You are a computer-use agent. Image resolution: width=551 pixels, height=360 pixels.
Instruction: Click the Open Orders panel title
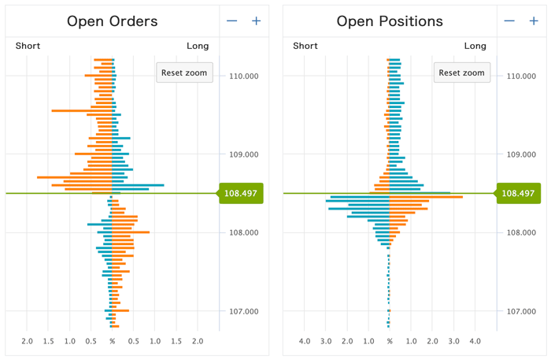[113, 21]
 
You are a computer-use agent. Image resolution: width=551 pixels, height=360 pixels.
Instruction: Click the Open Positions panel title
[390, 21]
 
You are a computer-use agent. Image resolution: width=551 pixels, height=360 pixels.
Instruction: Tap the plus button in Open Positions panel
[533, 21]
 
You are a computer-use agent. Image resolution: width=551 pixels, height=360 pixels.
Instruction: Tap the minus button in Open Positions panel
[509, 21]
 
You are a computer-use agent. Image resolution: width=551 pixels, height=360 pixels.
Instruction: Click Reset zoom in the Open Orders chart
[184, 72]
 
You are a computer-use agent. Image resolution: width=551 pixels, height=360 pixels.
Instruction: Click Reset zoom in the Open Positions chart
[461, 72]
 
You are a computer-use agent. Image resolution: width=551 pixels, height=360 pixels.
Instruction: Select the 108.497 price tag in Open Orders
[242, 193]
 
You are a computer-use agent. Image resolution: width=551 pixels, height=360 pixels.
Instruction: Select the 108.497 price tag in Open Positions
[519, 193]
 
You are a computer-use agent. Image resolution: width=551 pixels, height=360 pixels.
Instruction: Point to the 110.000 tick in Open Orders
[242, 76]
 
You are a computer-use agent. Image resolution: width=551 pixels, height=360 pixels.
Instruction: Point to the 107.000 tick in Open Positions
[519, 312]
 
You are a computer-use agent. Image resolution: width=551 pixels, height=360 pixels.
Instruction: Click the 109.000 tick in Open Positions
[519, 154]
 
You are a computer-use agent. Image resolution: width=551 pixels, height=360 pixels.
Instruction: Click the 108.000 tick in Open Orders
[242, 232]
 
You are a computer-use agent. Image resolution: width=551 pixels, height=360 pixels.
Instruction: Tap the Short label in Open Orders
[28, 46]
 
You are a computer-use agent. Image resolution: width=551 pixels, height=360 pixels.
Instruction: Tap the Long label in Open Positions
[475, 46]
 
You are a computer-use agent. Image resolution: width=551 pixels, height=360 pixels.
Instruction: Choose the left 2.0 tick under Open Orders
[28, 341]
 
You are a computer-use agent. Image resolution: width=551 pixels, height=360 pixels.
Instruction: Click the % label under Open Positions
[390, 341]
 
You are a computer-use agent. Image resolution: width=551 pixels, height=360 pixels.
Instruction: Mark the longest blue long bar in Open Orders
[139, 185]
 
